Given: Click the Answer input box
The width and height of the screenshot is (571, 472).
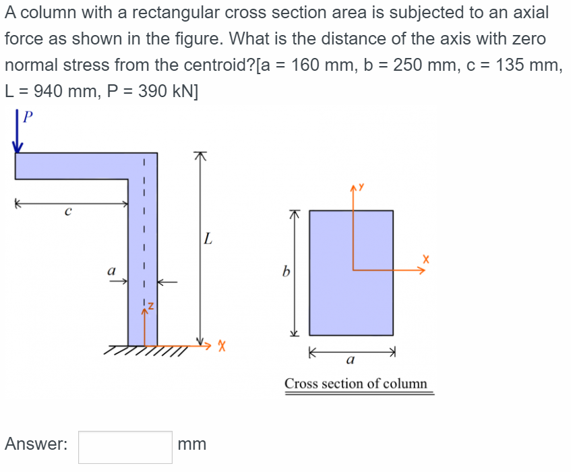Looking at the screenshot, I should (x=125, y=447).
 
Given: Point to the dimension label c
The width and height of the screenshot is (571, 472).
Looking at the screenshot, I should (x=67, y=212).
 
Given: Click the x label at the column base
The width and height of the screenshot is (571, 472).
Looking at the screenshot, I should (x=220, y=347).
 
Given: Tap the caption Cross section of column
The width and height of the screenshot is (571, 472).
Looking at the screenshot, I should (x=355, y=384).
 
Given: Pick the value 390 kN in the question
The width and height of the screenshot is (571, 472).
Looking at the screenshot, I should (x=166, y=92).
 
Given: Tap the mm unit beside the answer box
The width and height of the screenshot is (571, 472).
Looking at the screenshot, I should (x=192, y=444).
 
